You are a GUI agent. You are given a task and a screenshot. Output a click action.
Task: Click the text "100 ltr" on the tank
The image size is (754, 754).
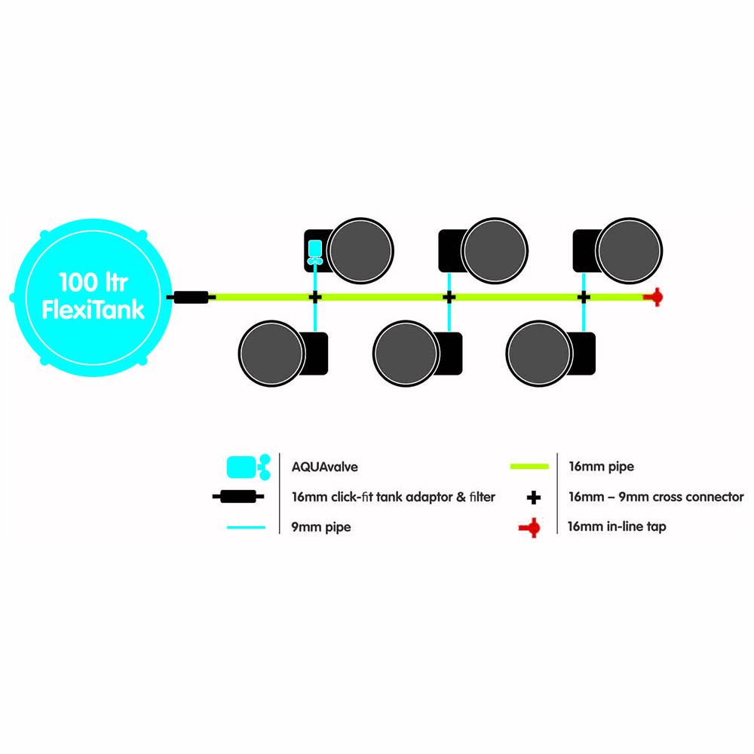coord(93,282)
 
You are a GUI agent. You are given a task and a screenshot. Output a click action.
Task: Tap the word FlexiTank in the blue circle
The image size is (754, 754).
coord(93,310)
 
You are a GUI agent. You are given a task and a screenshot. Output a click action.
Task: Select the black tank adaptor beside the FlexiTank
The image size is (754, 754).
coord(191,297)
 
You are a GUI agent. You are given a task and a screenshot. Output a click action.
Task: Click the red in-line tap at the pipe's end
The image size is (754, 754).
coord(654,297)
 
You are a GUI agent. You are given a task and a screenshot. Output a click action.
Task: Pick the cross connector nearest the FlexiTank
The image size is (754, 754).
coord(315,297)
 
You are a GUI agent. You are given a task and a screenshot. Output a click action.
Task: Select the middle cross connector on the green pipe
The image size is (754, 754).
coord(449,297)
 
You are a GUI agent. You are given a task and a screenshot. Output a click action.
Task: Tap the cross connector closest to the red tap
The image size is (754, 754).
coord(584,297)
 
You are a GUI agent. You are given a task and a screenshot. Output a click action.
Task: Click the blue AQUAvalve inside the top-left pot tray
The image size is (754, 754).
coord(315,252)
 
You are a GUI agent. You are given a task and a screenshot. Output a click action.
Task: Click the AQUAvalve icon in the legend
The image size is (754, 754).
coord(249,467)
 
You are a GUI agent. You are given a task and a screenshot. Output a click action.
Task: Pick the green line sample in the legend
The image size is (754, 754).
coord(529,466)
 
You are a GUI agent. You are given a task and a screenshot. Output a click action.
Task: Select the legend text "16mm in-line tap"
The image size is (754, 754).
coord(617,526)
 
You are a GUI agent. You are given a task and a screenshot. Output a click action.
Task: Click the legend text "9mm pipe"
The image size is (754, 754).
coord(321,527)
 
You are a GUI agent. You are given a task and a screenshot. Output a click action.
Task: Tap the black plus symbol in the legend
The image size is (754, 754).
coord(534,497)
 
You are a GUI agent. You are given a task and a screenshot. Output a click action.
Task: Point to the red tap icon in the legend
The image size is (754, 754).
coord(529,528)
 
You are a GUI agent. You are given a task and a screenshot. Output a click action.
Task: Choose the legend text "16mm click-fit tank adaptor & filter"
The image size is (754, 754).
coord(394,497)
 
